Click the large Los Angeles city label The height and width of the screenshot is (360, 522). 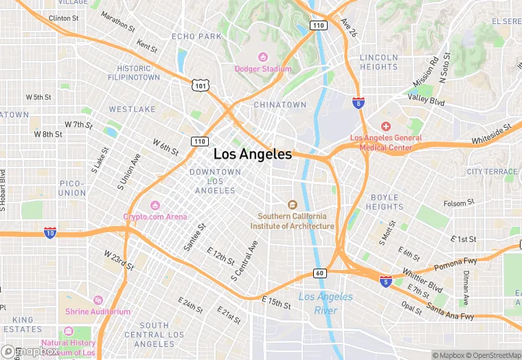pos(253,155)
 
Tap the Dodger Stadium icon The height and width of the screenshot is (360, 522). pos(262,57)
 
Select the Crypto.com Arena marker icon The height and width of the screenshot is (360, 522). pos(155,205)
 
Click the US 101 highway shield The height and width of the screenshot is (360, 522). pos(200,85)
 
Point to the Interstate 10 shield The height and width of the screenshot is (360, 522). pos(50,233)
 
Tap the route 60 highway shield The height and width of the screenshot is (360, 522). pos(319,273)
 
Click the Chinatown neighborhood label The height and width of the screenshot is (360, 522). pos(280,105)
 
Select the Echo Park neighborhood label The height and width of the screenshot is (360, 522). pos(196,36)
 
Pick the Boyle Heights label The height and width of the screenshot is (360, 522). pos(384,202)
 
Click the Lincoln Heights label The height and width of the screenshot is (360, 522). pos(378,62)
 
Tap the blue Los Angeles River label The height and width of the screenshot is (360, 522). pos(326,303)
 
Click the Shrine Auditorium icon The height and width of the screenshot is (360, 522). pos(98,300)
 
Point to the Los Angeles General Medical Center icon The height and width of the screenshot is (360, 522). pos(386,126)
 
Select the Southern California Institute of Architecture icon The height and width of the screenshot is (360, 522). pos(292,204)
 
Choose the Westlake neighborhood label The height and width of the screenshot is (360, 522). pos(132,109)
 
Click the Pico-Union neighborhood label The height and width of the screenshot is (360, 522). pos(72,188)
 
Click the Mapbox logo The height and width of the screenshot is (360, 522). pos(30,351)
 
